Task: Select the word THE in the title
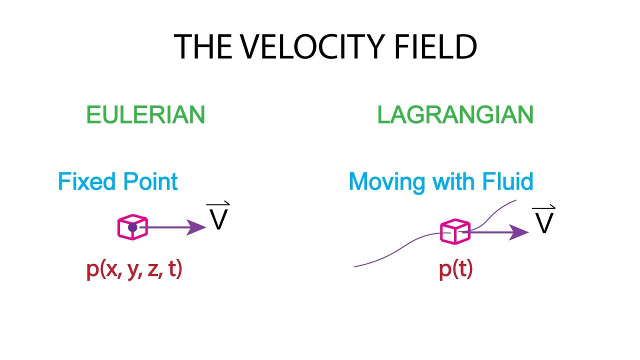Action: tap(202, 47)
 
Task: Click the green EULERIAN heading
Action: tap(145, 115)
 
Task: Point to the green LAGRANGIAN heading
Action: tap(455, 115)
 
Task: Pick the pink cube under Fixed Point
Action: tap(132, 227)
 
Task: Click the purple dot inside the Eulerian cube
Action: tap(132, 227)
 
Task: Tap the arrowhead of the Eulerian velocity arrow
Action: tap(200, 227)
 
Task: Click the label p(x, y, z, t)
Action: tap(134, 270)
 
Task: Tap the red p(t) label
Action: tap(455, 270)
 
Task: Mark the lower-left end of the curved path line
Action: tap(355, 266)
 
